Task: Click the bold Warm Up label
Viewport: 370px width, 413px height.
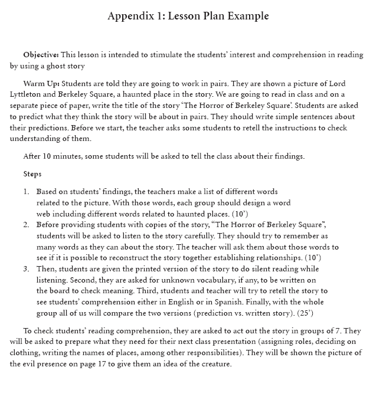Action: tap(42, 83)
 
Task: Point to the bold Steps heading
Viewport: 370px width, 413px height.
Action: tap(32, 174)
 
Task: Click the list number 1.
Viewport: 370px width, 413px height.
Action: tap(26, 192)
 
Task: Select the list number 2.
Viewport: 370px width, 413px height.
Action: tap(26, 225)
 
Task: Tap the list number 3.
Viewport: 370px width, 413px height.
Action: tap(26, 269)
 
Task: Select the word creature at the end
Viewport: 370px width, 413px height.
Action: tap(215, 364)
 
